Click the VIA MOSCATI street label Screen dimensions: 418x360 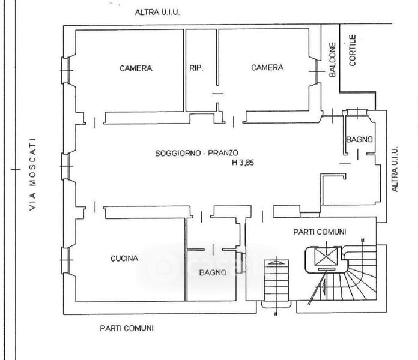tap(32, 175)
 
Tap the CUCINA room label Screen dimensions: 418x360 tap(124, 258)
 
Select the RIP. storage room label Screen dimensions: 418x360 tap(196, 68)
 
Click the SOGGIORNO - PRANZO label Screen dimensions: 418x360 tap(196, 153)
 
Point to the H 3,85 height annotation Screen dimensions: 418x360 tap(243, 163)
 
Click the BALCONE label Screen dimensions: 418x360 tap(332, 59)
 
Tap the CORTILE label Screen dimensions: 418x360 tap(353, 50)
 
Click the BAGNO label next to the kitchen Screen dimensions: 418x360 tap(213, 272)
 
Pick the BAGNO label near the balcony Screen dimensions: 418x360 tap(359, 139)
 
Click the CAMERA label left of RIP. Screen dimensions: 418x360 tap(136, 68)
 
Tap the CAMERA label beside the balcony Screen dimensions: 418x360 tap(267, 67)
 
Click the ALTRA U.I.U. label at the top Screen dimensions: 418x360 tap(157, 12)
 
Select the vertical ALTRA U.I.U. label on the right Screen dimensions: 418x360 tap(395, 169)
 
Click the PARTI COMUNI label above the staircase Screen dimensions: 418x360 tap(320, 232)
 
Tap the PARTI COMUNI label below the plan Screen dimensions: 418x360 tap(127, 328)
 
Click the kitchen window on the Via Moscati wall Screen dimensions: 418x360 tap(65, 260)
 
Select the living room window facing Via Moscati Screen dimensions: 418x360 tap(65, 166)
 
